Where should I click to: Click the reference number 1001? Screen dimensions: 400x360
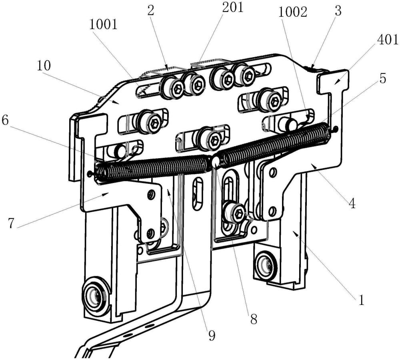coord(103,25)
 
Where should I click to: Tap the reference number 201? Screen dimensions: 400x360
coord(233,8)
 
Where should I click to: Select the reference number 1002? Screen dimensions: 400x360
coord(293,12)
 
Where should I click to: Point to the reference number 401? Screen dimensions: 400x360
coord(388,40)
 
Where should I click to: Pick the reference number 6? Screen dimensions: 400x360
coord(6,121)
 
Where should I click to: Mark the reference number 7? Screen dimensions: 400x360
coord(11,223)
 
